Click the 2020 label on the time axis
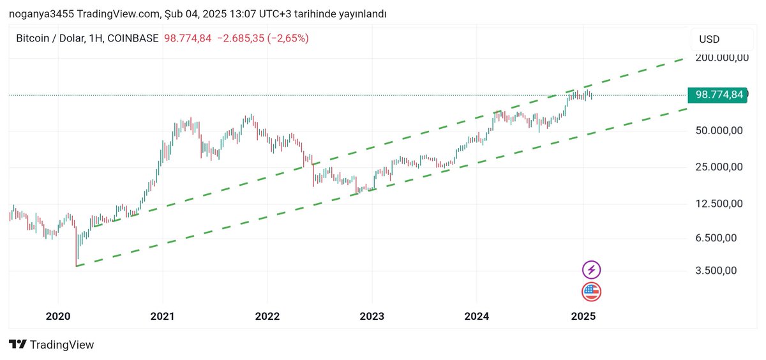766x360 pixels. click(58, 316)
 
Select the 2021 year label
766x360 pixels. click(162, 316)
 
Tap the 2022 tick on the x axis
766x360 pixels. click(267, 316)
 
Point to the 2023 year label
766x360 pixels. click(372, 316)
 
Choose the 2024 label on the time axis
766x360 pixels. click(477, 316)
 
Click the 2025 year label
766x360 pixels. click(583, 316)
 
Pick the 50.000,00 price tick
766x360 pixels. click(719, 130)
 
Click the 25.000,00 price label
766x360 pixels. click(719, 167)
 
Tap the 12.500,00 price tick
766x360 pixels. click(719, 204)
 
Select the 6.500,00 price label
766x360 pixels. click(716, 238)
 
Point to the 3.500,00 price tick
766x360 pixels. click(716, 271)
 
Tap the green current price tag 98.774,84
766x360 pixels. click(717, 94)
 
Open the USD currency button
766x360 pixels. click(722, 40)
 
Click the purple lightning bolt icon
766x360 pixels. click(591, 270)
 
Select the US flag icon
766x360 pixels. click(591, 292)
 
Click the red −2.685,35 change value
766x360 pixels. click(241, 38)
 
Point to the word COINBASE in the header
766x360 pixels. click(133, 38)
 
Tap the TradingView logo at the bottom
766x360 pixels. click(51, 344)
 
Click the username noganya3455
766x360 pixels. click(41, 14)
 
